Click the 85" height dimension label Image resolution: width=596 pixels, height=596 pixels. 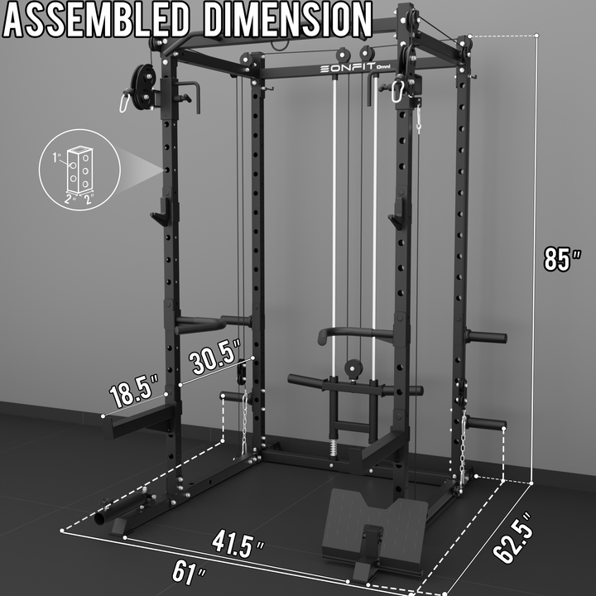tap(563, 259)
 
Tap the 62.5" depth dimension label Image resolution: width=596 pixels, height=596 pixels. tap(513, 537)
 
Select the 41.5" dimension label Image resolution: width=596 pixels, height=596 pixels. tap(238, 544)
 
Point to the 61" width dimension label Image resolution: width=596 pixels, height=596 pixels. tap(189, 573)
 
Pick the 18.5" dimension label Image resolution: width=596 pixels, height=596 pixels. tap(134, 391)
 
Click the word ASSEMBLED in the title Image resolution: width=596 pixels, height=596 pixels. tap(95, 20)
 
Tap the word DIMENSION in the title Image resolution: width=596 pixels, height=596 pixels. tap(288, 20)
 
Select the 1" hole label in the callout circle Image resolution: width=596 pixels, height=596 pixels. tap(57, 157)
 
